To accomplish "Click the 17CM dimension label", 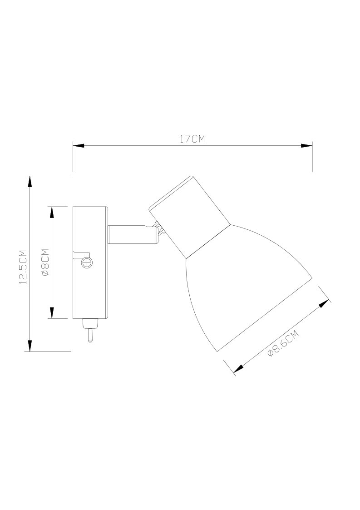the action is click(x=192, y=139).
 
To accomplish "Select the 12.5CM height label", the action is click(x=23, y=267).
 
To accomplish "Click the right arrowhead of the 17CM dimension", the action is click(x=306, y=146).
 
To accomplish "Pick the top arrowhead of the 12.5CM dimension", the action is click(x=30, y=182).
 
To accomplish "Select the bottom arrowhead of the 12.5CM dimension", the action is click(x=30, y=346).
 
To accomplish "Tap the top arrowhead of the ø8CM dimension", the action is click(x=51, y=212).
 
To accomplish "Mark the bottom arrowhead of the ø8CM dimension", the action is click(x=51, y=312).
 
